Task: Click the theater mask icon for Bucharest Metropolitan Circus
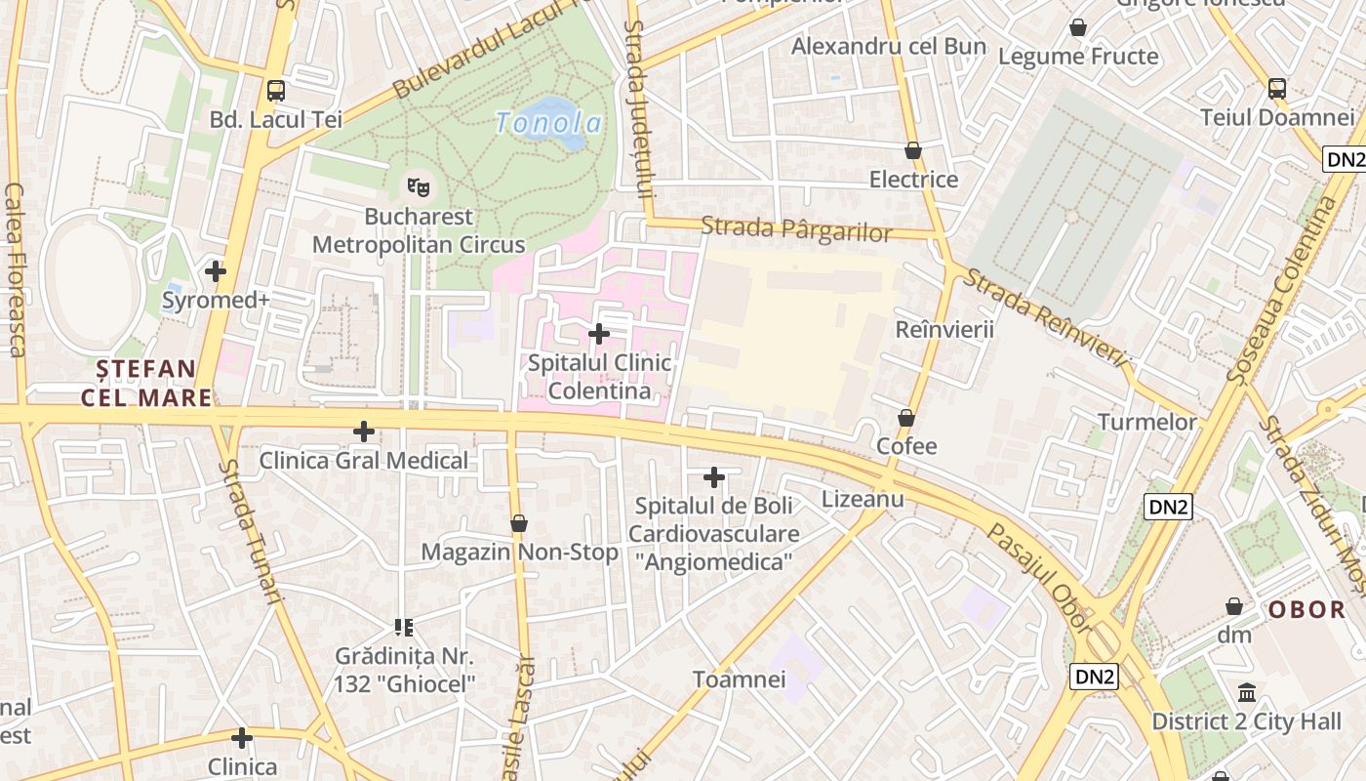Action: tap(419, 185)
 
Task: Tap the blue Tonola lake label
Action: tap(548, 123)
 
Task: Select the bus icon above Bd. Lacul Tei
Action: tap(276, 91)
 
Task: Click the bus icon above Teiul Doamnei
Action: tap(1277, 89)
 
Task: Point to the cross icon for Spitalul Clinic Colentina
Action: tap(599, 334)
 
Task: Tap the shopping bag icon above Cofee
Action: tap(906, 418)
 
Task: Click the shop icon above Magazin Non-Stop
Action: tap(519, 524)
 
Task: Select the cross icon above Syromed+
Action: tap(216, 270)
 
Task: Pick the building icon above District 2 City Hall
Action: tap(1247, 693)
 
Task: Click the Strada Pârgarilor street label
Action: tap(796, 230)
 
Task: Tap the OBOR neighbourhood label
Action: tap(1306, 610)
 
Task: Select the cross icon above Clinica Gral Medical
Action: tap(364, 431)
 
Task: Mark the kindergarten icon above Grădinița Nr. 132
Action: tap(404, 627)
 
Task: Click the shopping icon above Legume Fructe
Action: tap(1078, 27)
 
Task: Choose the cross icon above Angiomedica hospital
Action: tap(714, 477)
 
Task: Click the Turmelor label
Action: tap(1146, 422)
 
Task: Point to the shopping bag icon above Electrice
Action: tap(913, 150)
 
